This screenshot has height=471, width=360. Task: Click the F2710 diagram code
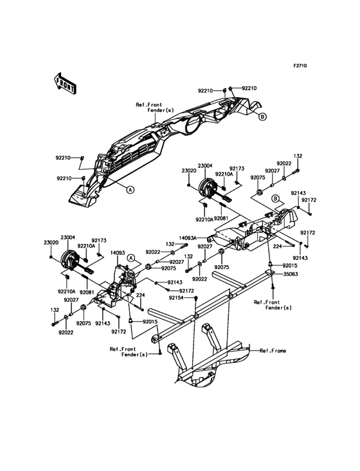point(300,66)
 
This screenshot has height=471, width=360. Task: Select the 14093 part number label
point(117,253)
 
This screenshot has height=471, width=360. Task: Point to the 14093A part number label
point(188,238)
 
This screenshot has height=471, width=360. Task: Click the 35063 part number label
point(290,274)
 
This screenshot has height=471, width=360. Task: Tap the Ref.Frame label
point(273,351)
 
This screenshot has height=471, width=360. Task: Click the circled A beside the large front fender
point(130,190)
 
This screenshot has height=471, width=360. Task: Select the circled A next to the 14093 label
point(130,258)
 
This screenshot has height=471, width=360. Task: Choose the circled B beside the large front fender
point(262,116)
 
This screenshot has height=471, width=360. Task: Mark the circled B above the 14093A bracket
point(275,199)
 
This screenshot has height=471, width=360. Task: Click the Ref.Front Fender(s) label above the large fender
point(154,107)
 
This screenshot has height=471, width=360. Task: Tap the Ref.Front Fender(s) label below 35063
point(273,305)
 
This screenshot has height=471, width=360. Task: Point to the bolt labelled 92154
point(196,299)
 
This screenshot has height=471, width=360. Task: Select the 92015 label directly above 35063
point(290,266)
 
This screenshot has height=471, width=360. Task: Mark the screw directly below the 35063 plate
point(273,288)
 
